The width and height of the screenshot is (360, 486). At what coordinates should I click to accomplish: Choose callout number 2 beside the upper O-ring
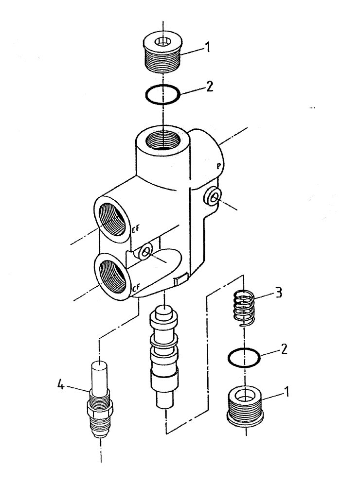pyautogui.click(x=210, y=88)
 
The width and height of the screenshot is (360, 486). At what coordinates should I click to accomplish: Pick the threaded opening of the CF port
pyautogui.click(x=113, y=274)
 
